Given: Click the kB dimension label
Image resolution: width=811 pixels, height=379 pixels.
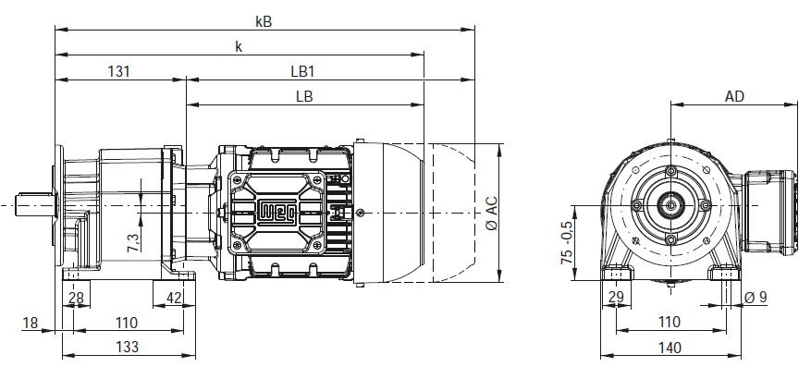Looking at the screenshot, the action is [x=264, y=21].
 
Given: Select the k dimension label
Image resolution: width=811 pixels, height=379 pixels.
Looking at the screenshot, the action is [x=239, y=46].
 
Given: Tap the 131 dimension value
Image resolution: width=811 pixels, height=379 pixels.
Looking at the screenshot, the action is [x=119, y=71].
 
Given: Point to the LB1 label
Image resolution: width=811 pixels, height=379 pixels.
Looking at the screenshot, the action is [x=302, y=71].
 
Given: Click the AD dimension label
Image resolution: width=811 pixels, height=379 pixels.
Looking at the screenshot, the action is [x=734, y=96].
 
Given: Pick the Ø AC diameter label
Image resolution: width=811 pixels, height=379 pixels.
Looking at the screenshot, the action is [x=492, y=213].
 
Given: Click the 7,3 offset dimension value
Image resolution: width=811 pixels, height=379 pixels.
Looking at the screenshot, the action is [x=133, y=242].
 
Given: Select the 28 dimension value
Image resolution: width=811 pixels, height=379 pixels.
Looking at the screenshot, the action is [x=76, y=298].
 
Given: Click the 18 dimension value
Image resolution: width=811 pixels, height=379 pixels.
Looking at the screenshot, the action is [x=31, y=324].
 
